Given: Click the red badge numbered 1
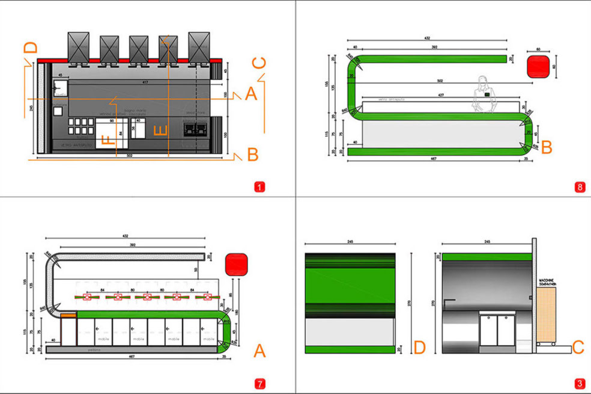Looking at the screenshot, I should tap(259, 187).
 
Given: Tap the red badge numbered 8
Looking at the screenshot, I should tap(579, 187).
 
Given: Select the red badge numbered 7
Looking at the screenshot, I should tap(259, 383).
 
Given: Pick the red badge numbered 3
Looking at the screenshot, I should tap(579, 383).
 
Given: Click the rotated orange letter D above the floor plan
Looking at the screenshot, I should tap(31, 48).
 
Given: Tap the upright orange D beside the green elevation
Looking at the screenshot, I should tap(420, 347).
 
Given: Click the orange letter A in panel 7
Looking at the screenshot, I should tap(259, 350).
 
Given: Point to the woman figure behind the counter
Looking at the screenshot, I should tap(484, 94).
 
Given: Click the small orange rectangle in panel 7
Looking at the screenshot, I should tap(68, 315).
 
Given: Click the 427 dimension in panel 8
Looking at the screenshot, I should tap(441, 95).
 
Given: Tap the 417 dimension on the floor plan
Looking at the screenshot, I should tap(145, 82).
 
